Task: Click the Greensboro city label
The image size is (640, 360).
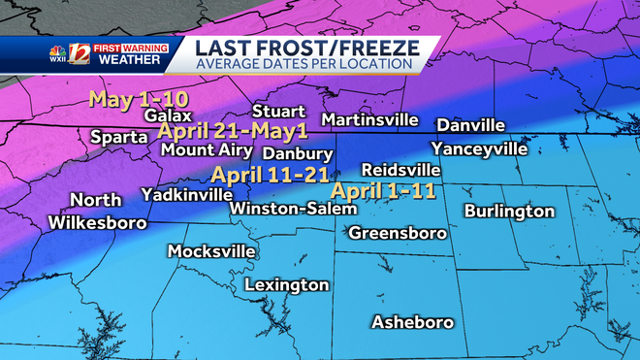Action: coord(398,233)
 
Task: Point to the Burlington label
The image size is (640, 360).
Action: coord(509,211)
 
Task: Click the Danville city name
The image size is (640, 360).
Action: coord(471,126)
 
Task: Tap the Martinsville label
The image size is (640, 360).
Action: coord(369,120)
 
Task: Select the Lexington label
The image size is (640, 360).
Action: coord(286,285)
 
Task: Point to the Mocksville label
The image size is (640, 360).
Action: coord(211,251)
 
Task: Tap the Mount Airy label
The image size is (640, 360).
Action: coord(207,150)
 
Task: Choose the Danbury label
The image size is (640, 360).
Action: coord(298,153)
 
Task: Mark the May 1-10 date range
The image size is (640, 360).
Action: coord(138,98)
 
